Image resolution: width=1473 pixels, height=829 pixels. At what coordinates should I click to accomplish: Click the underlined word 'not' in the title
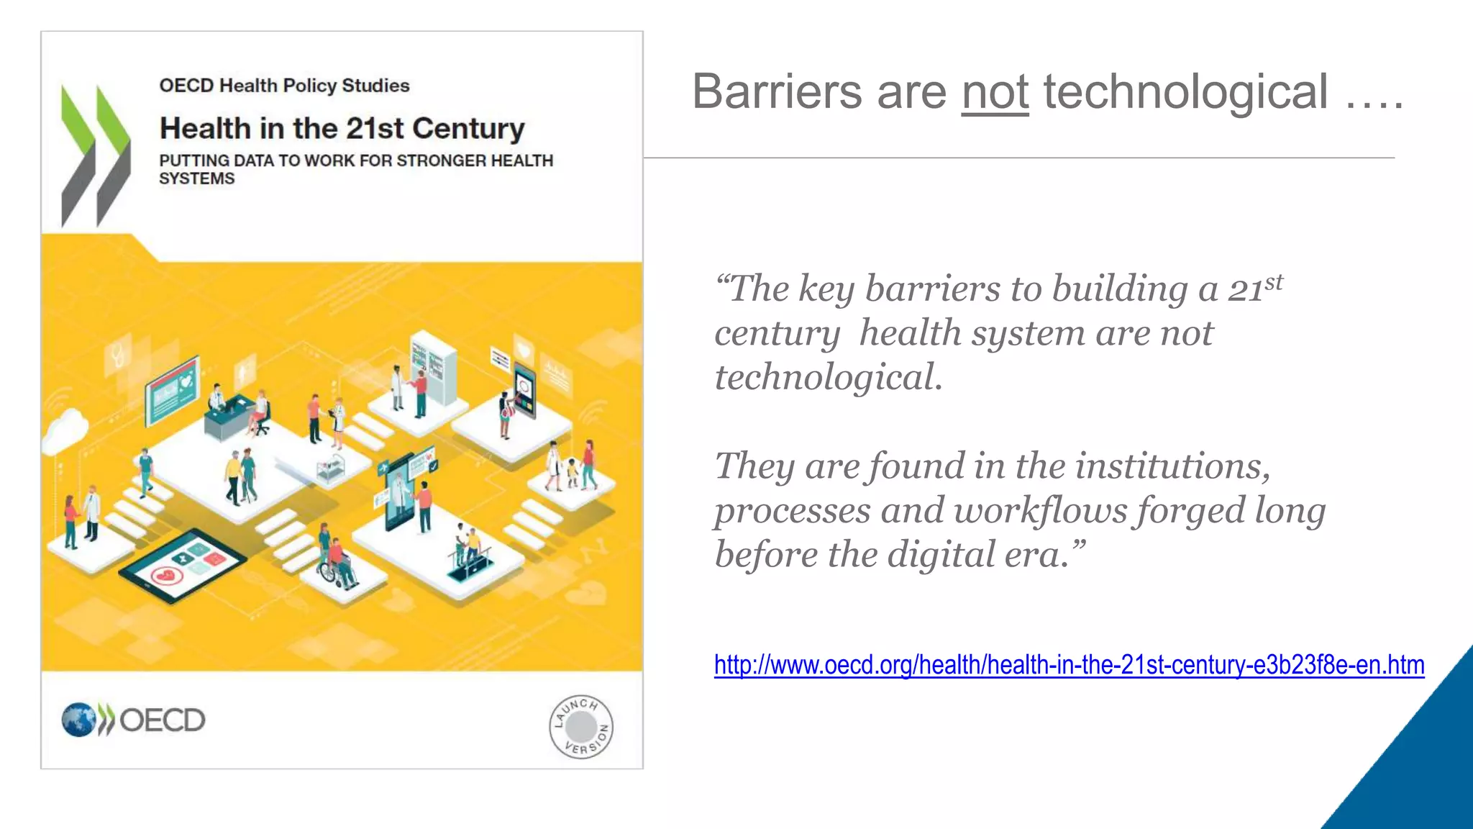(995, 93)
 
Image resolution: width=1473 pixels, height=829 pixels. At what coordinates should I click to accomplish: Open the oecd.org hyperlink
(1069, 665)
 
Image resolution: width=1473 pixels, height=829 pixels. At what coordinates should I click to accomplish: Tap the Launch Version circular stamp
(581, 727)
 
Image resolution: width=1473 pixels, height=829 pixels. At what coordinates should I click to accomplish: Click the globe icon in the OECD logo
(78, 720)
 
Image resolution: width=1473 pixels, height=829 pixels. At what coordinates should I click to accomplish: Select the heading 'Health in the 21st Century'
(342, 129)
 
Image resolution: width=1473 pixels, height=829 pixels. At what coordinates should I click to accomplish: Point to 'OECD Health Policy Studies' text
(284, 86)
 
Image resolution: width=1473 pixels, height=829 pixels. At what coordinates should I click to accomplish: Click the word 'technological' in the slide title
(1185, 93)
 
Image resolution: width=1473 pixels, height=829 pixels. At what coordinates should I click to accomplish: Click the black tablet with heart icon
(182, 566)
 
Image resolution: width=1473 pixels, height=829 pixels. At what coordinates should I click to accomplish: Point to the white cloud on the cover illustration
(66, 430)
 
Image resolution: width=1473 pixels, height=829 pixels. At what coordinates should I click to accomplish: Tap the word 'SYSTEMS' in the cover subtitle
(196, 178)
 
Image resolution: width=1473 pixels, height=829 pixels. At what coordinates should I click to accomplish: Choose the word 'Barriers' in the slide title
(777, 93)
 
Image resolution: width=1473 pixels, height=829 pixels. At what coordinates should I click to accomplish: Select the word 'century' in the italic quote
(777, 334)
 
